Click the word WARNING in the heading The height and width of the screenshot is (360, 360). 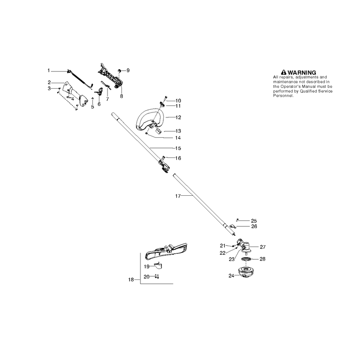(x=301, y=72)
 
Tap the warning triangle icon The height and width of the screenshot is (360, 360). (x=284, y=72)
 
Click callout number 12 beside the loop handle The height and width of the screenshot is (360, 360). (x=178, y=117)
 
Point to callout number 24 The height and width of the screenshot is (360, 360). (x=231, y=275)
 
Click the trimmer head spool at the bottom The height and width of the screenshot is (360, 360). (x=246, y=272)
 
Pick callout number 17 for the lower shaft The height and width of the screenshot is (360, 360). (x=178, y=196)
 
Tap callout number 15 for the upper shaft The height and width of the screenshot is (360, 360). (x=178, y=148)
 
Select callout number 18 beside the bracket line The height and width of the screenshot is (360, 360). (x=131, y=279)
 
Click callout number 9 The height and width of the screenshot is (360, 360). (x=128, y=70)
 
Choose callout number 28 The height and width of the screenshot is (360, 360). (x=262, y=259)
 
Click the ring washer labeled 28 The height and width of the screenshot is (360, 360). (x=246, y=260)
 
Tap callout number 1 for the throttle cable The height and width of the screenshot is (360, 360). (x=49, y=71)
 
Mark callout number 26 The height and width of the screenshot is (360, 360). (x=254, y=226)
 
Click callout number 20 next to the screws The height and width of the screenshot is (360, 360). (x=147, y=277)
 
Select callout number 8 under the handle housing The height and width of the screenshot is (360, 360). (x=121, y=96)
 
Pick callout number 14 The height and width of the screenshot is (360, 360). (x=178, y=138)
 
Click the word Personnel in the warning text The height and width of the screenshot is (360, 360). (x=283, y=96)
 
